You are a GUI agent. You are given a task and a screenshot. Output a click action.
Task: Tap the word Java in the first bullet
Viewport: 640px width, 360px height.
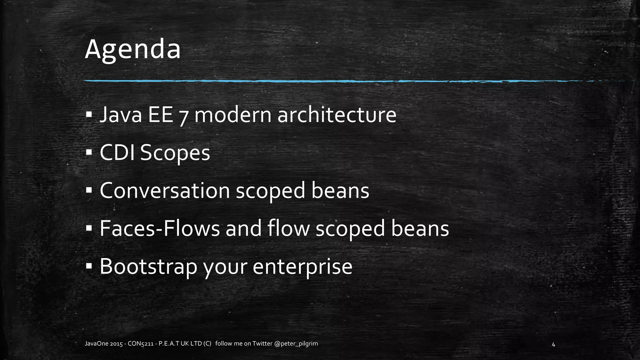121,115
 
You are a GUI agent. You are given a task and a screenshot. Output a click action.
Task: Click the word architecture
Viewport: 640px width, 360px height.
337,115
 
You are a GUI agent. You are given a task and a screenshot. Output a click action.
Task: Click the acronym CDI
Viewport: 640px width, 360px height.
117,153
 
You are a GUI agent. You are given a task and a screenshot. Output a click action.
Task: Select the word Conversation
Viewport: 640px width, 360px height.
165,191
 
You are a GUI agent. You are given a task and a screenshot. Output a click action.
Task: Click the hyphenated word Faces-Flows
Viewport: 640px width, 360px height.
160,228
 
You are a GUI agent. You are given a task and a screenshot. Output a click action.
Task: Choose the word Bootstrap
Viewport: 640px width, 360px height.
148,267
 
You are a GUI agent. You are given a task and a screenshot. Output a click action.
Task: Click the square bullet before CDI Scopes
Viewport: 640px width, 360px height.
89,153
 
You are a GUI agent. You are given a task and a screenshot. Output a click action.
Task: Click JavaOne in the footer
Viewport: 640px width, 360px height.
97,344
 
